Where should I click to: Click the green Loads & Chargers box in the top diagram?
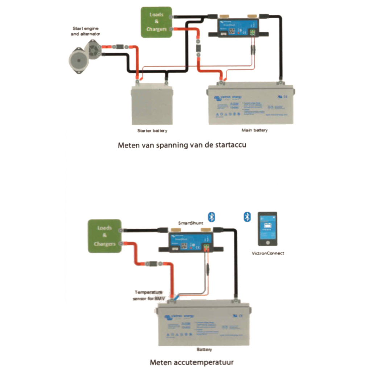157,22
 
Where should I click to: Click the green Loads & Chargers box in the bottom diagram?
105,236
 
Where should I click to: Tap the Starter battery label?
152,130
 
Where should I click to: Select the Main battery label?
254,130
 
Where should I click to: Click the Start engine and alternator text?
86,31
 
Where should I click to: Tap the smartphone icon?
267,229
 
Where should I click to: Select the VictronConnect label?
268,253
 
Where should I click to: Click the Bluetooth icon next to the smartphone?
247,217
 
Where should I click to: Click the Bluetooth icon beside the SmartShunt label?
213,217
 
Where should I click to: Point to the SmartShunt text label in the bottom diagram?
191,223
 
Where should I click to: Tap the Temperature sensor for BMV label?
149,295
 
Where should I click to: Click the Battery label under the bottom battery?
204,350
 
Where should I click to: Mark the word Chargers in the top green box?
156,29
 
